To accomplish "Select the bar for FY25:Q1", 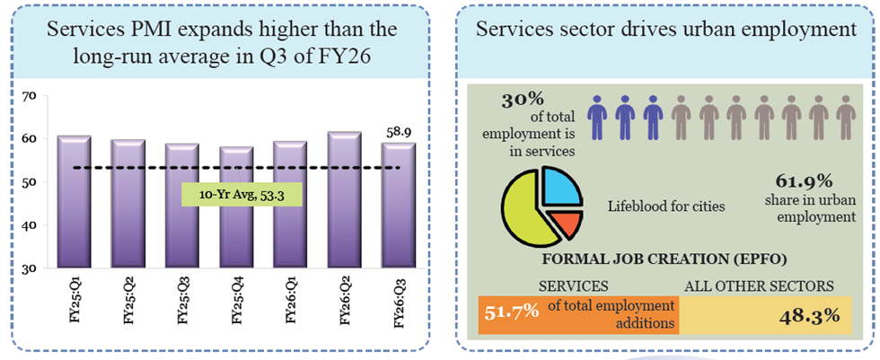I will pos(73,202).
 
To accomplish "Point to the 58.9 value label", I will pos(399,129).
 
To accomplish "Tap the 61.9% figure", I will pos(813,180).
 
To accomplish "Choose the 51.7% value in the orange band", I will pos(512,312).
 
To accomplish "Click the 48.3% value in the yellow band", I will pos(812,315).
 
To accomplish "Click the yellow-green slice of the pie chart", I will pos(525,213).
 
